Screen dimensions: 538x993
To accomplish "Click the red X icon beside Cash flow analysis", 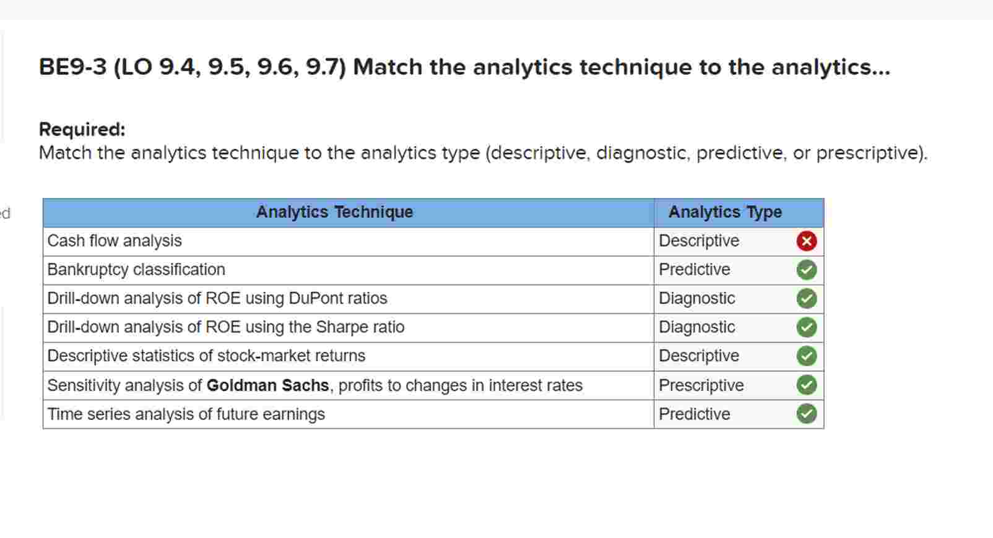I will pyautogui.click(x=806, y=241).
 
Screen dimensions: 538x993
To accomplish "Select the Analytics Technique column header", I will pyautogui.click(x=334, y=212).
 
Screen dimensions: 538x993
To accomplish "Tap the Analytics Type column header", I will pyautogui.click(x=725, y=212).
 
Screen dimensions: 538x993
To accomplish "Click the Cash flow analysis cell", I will pyautogui.click(x=115, y=241).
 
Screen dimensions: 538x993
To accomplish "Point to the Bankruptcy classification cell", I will pyautogui.click(x=136, y=270).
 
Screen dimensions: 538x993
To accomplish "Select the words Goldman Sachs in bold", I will pyautogui.click(x=267, y=385).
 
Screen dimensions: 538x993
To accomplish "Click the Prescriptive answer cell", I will pyautogui.click(x=701, y=385).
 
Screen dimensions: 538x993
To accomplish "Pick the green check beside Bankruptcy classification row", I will pyautogui.click(x=806, y=270).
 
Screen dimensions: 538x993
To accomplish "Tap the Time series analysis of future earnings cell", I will pyautogui.click(x=186, y=414).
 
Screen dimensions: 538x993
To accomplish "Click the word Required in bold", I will pyautogui.click(x=82, y=129).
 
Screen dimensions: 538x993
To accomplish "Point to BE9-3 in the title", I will pyautogui.click(x=72, y=67).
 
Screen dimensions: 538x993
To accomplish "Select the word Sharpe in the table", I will pyautogui.click(x=340, y=327).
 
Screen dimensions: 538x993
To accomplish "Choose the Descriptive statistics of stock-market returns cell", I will pyautogui.click(x=206, y=356).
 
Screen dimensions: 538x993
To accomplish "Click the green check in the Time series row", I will pyautogui.click(x=806, y=414).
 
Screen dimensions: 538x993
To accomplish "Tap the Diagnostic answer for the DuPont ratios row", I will pyautogui.click(x=696, y=298).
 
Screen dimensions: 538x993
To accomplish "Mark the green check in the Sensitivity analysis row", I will pyautogui.click(x=806, y=385).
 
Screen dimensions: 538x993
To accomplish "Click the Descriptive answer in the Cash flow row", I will pyautogui.click(x=698, y=241).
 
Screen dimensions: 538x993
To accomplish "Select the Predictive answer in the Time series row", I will pyautogui.click(x=694, y=414).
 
